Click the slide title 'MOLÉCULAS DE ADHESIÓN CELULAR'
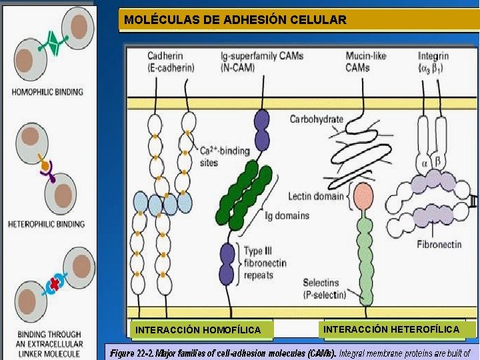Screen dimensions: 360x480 coord(235,20)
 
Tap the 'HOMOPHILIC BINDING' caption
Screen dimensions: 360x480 coord(47,91)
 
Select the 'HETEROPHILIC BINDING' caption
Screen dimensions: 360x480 coord(47,224)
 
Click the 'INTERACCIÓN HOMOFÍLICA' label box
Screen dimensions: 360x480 coord(198,330)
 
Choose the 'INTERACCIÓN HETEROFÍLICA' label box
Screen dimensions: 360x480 coord(391,329)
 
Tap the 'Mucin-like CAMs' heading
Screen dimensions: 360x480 coord(365,61)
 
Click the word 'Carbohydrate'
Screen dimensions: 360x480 coord(316,120)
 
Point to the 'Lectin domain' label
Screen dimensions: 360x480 coord(316,197)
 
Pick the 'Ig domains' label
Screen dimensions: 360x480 coord(287,215)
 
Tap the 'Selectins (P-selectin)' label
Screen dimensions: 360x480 coord(325,289)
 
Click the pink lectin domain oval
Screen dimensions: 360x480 coord(363,197)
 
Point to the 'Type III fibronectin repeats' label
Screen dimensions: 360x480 coord(264,263)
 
